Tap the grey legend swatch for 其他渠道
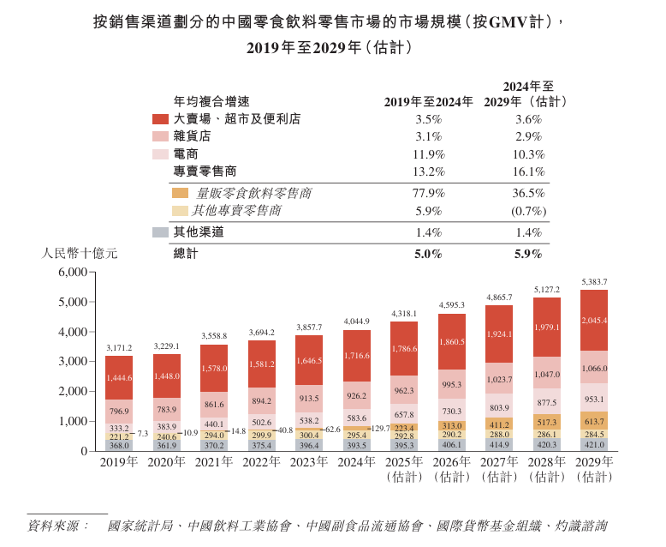[160, 232]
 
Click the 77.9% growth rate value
[428, 194]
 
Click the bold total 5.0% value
[428, 254]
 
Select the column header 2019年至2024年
[428, 101]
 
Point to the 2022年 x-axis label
[261, 462]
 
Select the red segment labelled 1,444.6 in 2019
[119, 377]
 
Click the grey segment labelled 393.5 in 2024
[356, 445]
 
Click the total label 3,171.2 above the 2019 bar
[119, 347]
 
